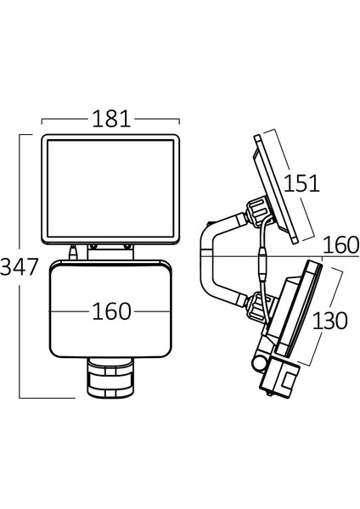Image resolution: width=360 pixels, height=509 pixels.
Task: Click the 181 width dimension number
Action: pos(111,119)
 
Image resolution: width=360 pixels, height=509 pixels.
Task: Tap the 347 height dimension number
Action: pos(20,267)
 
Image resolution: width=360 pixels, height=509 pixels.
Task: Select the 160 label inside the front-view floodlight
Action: pos(111,311)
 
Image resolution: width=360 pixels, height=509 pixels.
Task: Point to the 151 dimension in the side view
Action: pos(301,183)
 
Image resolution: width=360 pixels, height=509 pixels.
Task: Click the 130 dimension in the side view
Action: pos(329,321)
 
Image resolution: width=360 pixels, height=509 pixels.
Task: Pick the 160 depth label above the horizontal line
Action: pos(341,245)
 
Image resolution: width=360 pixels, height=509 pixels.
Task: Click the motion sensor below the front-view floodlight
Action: pos(110,377)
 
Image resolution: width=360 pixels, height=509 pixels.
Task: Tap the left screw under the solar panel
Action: pos(93,247)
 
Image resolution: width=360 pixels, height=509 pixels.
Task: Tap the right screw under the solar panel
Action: pos(128,247)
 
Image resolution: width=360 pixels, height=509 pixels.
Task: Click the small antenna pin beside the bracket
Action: pos(74,252)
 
